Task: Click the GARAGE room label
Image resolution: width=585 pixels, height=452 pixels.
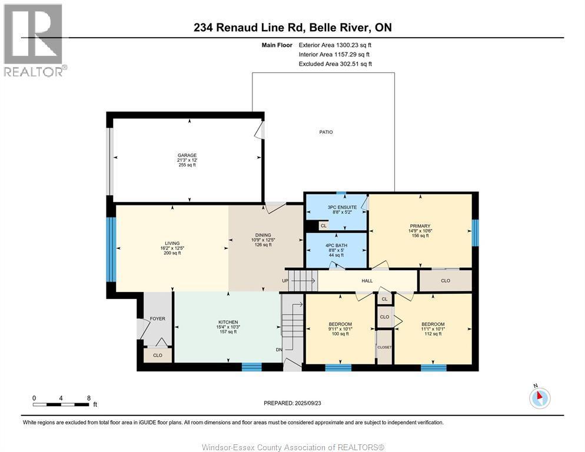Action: click(x=187, y=155)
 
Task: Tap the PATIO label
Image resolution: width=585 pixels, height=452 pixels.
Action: click(x=326, y=132)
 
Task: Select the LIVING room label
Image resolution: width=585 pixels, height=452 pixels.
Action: click(x=172, y=244)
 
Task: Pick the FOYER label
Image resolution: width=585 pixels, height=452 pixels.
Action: click(x=157, y=318)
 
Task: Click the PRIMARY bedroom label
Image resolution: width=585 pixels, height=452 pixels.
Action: click(x=420, y=226)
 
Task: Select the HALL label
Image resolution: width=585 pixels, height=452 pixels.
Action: click(x=367, y=281)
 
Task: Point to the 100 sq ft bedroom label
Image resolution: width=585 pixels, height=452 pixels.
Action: click(x=340, y=324)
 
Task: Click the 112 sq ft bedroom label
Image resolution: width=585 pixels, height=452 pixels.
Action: click(x=433, y=324)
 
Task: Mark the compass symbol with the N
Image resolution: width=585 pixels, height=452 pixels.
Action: click(x=539, y=398)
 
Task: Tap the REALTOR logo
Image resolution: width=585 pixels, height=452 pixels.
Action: click(x=34, y=40)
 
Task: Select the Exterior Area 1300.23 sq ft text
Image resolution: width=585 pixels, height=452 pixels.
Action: click(x=335, y=44)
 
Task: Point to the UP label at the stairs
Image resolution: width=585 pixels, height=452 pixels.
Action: click(x=285, y=281)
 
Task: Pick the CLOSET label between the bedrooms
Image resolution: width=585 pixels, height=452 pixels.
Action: click(x=384, y=347)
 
